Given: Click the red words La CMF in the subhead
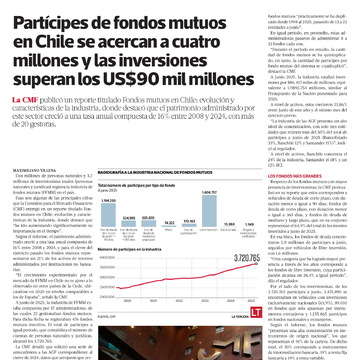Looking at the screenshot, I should pyautogui.click(x=24, y=102).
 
